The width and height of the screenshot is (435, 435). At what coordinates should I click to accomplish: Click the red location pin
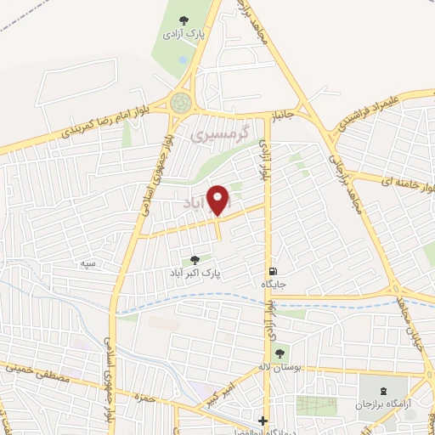click(x=218, y=201)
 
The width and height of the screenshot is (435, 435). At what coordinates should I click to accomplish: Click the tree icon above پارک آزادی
click(x=182, y=20)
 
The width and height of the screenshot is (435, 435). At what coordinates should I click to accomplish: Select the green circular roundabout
click(x=180, y=103)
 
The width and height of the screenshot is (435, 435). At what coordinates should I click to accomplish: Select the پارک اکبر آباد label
click(x=195, y=274)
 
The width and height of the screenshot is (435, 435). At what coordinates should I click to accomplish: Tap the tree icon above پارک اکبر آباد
click(x=195, y=260)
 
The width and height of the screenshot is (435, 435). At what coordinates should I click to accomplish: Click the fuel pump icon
click(x=271, y=270)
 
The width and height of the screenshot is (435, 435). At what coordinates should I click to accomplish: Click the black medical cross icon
click(x=263, y=421)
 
